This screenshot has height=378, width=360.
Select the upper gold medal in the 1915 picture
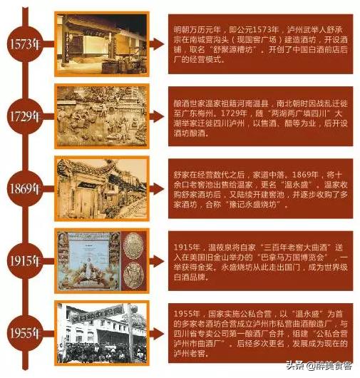pyautogui.click(x=133, y=247)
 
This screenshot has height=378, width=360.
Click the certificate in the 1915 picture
pyautogui.click(x=88, y=260)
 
